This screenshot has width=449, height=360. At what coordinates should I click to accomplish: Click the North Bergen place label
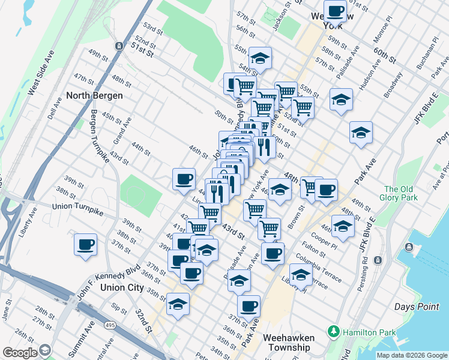tap(94, 95)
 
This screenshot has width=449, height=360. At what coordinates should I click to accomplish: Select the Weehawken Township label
tap(289, 343)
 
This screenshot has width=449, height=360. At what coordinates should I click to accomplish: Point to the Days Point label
tap(417, 307)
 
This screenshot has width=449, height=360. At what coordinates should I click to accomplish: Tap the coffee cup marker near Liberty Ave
tap(85, 244)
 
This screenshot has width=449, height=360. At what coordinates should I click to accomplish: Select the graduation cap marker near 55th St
tap(261, 58)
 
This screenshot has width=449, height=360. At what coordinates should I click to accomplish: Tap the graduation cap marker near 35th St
tap(178, 304)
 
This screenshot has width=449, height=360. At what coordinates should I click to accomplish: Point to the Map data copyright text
tap(412, 355)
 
